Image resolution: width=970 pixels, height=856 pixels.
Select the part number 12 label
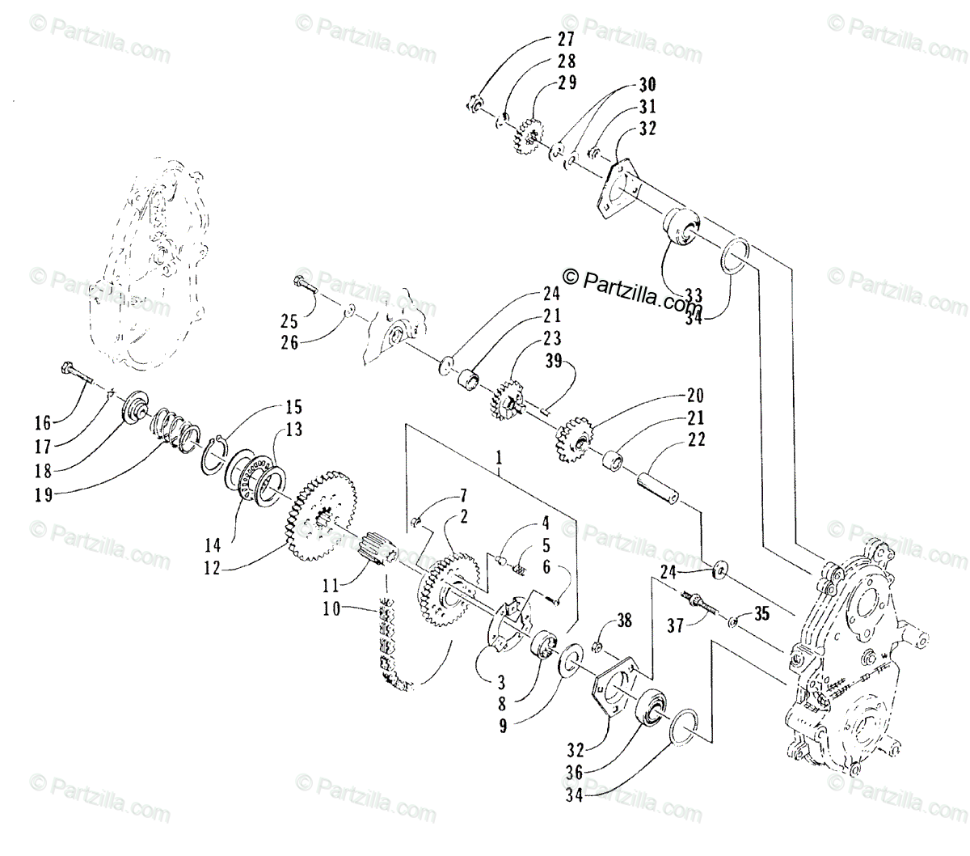pos(212,569)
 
